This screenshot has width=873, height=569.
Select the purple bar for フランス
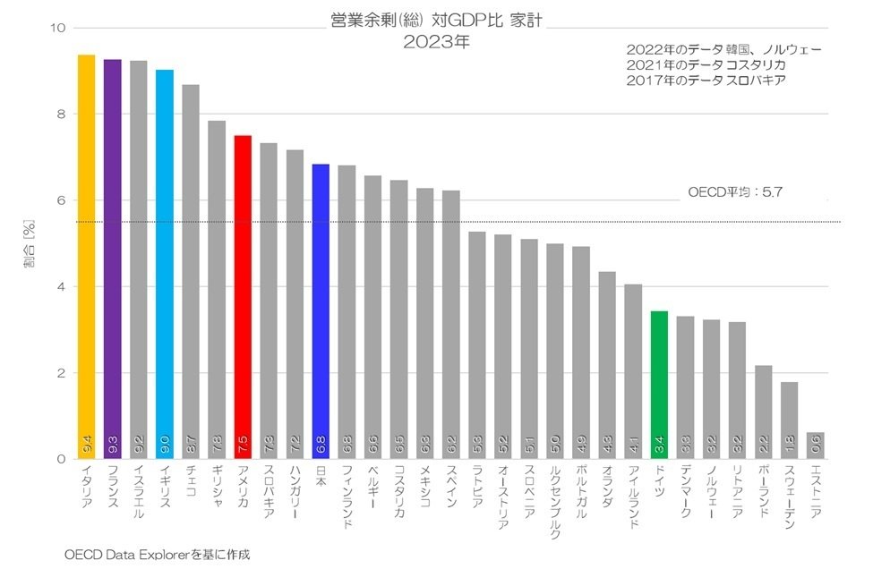coord(113,259)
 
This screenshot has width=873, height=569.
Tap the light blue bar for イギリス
coord(165,264)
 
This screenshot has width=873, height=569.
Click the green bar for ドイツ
coord(659,385)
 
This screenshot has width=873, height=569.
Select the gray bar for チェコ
coord(191,272)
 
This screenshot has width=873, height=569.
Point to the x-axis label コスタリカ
coord(399,493)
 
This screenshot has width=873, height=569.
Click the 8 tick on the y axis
coord(60,115)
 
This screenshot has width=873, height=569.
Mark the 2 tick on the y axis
coord(60,373)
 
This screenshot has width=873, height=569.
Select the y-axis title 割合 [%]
coord(30,243)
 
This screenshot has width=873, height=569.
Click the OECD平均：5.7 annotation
coord(735,191)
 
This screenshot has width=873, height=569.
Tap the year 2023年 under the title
coord(436,41)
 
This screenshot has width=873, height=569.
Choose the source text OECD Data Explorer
coord(157,554)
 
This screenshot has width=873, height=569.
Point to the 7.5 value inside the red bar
coord(243,441)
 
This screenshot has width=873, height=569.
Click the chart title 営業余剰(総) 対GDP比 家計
coord(436,20)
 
